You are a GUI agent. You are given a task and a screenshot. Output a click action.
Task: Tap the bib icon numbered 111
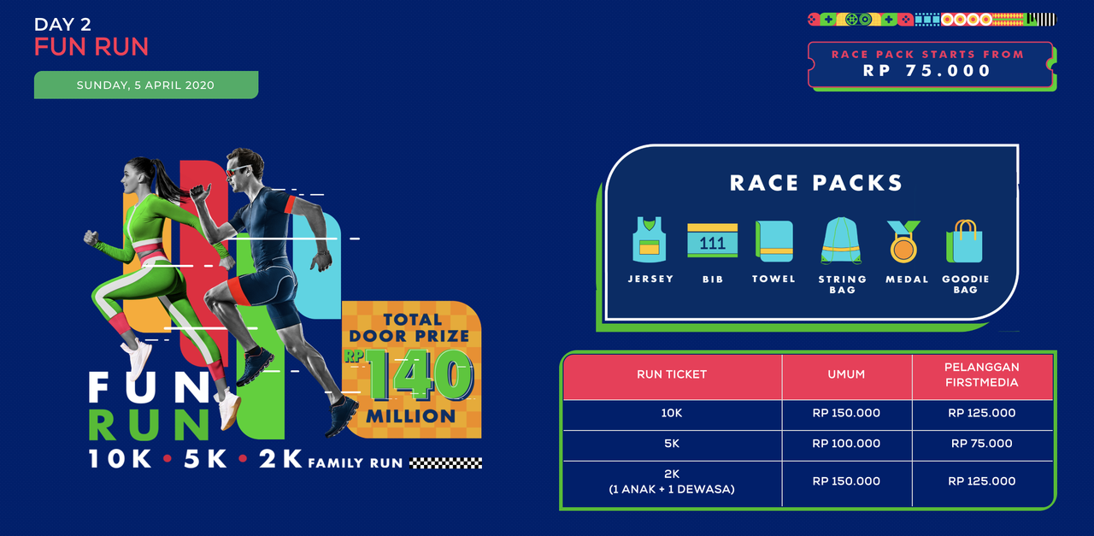[x=712, y=240]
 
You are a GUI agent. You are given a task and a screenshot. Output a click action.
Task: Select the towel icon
[x=773, y=241]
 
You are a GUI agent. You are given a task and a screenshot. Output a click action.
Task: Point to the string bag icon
[x=841, y=241]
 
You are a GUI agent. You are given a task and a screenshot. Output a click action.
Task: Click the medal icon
[x=903, y=241]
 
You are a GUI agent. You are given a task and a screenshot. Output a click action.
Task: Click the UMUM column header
[x=846, y=374]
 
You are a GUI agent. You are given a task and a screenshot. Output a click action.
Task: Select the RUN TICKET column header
[x=672, y=374]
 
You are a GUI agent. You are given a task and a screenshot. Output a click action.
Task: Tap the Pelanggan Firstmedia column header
[x=982, y=374]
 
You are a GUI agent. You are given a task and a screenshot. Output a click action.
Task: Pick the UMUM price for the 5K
[x=846, y=444]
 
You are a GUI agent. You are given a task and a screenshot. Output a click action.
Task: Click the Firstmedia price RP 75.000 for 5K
[x=982, y=444]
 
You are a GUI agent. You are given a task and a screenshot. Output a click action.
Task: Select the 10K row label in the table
[x=672, y=413]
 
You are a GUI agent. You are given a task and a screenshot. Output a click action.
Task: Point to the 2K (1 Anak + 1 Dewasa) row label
[x=672, y=481]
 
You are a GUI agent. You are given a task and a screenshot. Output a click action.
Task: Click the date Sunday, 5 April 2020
[x=145, y=85]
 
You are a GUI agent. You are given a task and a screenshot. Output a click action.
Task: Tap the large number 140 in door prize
[x=419, y=375]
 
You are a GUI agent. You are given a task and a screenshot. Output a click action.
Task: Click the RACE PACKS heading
[x=816, y=183]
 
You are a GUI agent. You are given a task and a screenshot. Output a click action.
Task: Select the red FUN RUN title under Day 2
[x=91, y=46]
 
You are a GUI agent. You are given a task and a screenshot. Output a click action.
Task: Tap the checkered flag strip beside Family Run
[x=445, y=463]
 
